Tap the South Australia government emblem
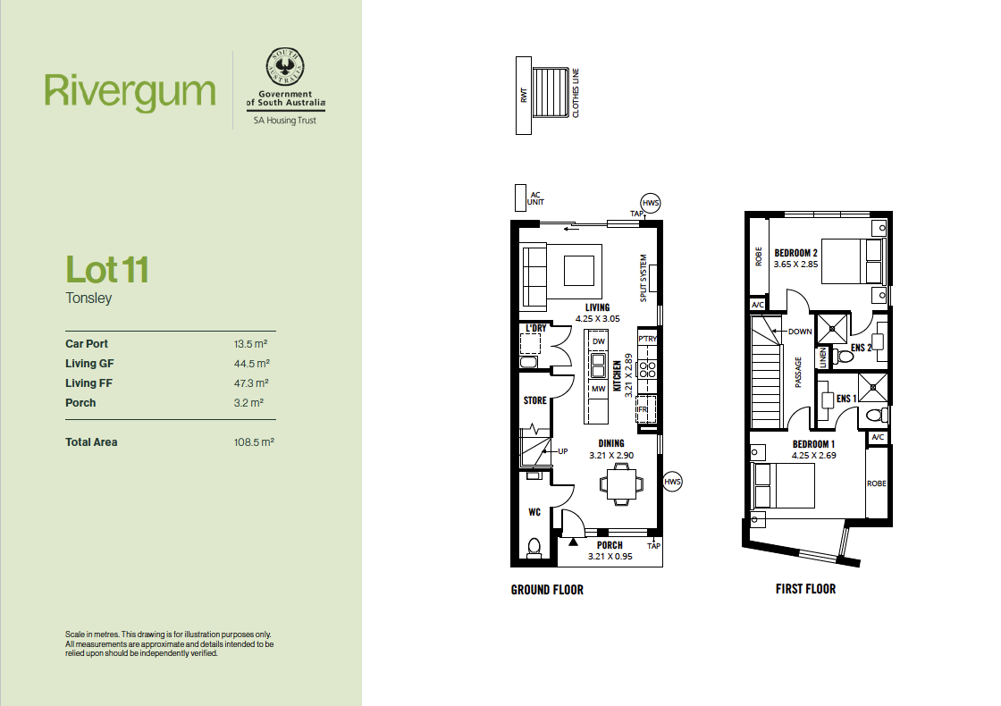pos(285,66)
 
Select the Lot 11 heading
pos(107,269)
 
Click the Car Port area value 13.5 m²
pos(250,343)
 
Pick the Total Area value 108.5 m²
pos(254,441)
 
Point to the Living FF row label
pos(88,383)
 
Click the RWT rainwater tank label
pos(524,95)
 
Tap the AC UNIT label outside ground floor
pos(535,198)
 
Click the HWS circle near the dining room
pos(672,482)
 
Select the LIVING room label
pos(598,307)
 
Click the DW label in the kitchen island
pos(598,341)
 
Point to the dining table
pos(618,484)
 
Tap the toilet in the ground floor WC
pos(534,548)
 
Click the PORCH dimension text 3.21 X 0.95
pos(610,557)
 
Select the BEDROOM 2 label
pos(795,253)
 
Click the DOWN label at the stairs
pos(800,332)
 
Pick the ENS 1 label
pos(846,399)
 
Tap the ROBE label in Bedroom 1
pos(877,483)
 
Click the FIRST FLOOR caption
pos(805,589)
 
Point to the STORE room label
pos(535,400)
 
